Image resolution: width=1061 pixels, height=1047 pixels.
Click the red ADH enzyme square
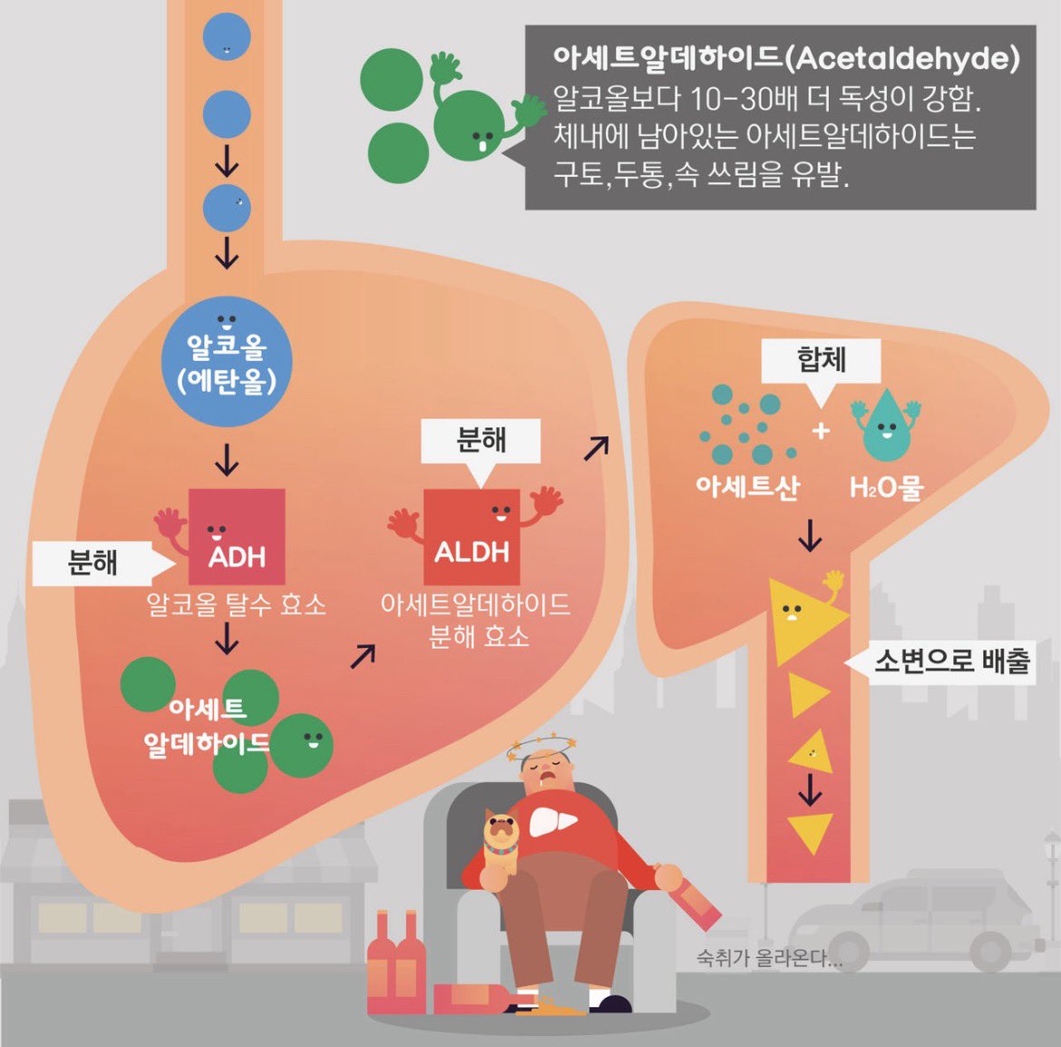236,536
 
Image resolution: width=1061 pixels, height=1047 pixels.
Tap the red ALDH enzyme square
472,537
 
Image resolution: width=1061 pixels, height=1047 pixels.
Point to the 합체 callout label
821,360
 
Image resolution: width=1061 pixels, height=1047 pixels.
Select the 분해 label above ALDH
481,441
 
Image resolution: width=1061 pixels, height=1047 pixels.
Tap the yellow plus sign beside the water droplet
821,430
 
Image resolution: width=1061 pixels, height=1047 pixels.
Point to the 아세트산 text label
748,486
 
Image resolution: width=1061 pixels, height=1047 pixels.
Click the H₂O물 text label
886,486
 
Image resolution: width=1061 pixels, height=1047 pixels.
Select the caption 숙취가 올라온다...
769,958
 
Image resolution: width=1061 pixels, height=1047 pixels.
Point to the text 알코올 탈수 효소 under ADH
236,604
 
